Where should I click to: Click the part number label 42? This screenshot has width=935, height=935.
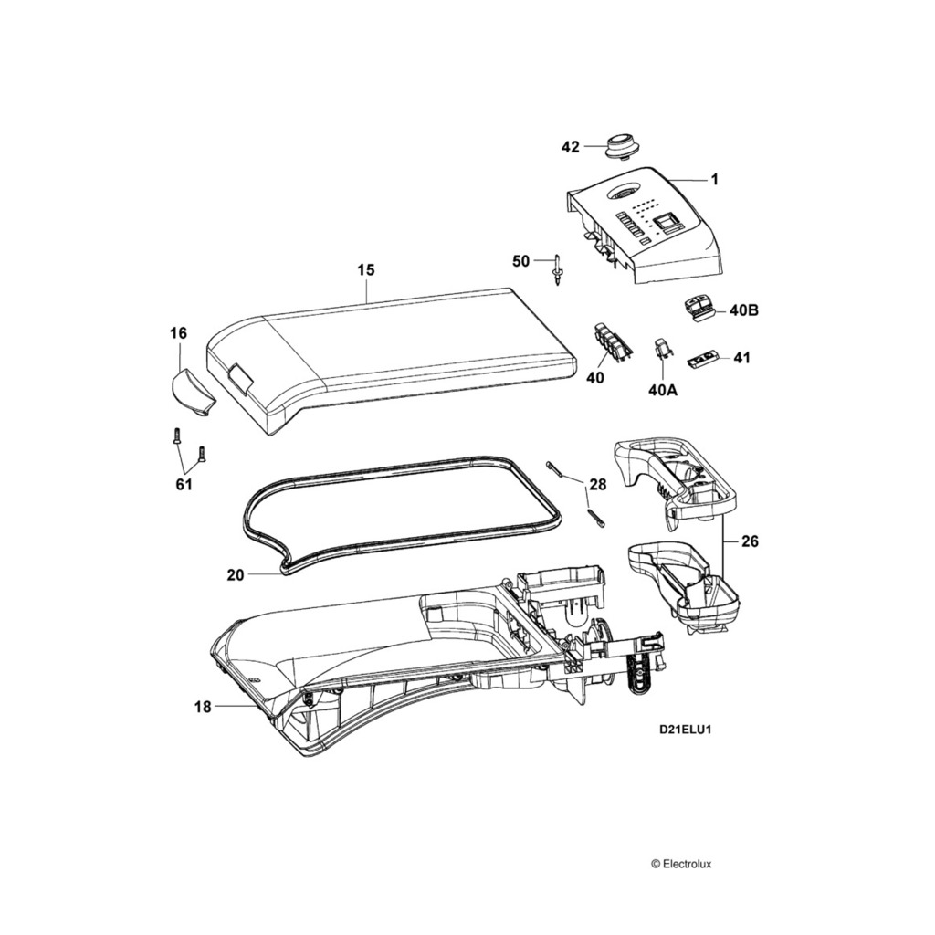click(570, 147)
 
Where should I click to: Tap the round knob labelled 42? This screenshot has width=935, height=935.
click(621, 145)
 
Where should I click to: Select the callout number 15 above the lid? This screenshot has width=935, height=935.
click(365, 270)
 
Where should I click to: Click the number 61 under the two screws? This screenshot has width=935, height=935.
click(184, 484)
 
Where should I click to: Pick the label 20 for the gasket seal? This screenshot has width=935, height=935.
click(236, 575)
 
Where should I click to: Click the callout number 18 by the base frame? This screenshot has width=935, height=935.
click(203, 706)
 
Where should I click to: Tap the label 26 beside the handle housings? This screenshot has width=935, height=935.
click(750, 541)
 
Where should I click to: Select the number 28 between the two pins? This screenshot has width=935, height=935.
click(597, 484)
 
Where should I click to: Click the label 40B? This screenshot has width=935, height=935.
click(744, 310)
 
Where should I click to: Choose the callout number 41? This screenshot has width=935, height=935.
click(741, 358)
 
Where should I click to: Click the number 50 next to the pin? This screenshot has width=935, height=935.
click(520, 261)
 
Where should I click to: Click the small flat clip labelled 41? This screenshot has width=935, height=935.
click(700, 361)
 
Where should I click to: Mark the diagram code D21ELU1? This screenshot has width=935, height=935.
click(686, 730)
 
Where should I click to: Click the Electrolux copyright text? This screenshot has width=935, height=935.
click(687, 863)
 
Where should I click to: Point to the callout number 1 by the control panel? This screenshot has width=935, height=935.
click(715, 180)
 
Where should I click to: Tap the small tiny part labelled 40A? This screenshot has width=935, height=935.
click(663, 349)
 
